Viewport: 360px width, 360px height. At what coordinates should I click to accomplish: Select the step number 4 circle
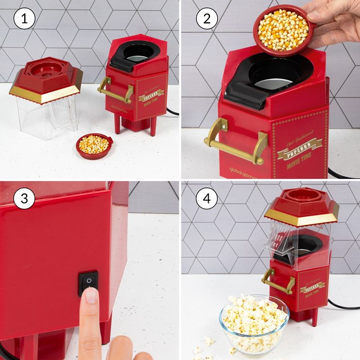(x=207, y=199)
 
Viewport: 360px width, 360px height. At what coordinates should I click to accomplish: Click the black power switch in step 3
(x=87, y=282)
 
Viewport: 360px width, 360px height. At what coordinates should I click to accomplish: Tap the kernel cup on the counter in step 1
(x=94, y=145)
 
